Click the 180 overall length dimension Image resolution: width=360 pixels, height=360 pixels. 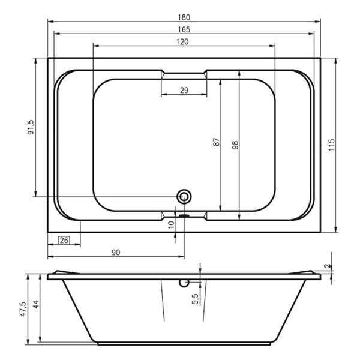coord(184,17)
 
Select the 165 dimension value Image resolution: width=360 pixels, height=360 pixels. coord(184,29)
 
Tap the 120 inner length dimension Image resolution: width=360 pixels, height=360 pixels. coord(182,42)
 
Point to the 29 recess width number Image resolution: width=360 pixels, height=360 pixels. coord(184,90)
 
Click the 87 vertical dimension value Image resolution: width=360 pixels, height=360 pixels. coord(216,142)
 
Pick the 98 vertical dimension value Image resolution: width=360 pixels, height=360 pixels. coord(235,145)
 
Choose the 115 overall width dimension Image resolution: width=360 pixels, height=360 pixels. coord(332,145)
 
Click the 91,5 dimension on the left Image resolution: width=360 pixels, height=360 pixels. coord(31,127)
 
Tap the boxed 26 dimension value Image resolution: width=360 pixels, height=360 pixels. coord(64,240)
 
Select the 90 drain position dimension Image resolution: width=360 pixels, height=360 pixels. coord(116,253)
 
